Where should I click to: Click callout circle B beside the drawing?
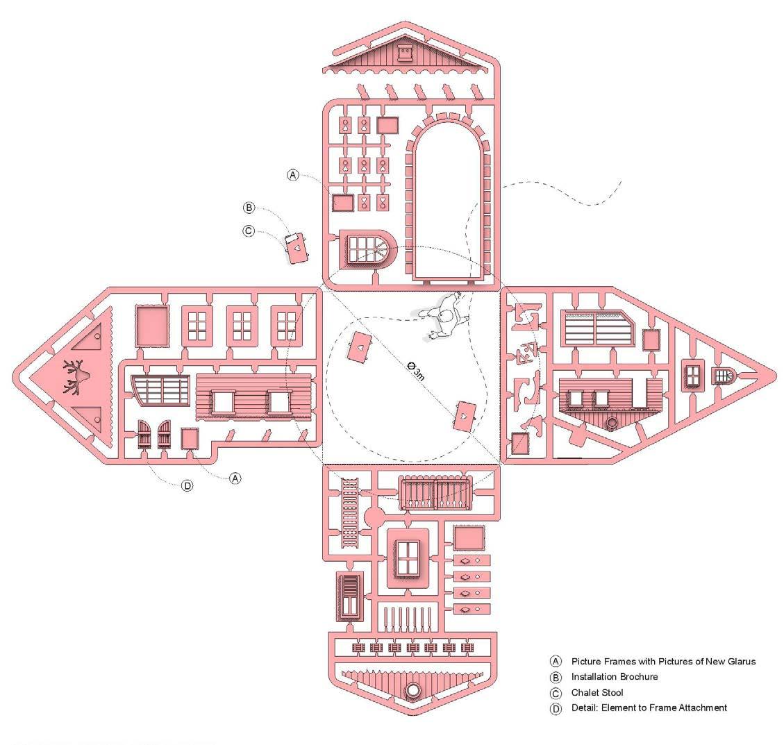pos(249,208)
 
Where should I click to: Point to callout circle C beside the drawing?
pos(249,231)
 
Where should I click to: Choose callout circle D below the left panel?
pos(187,486)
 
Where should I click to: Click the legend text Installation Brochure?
pos(614,677)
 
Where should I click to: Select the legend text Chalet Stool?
pos(597,692)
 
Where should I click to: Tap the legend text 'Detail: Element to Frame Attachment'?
pos(649,708)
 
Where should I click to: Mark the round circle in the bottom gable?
pos(414,690)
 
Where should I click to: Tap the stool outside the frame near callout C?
pos(297,247)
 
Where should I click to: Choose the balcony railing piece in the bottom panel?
pos(435,494)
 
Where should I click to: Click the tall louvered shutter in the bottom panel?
pos(349,596)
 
